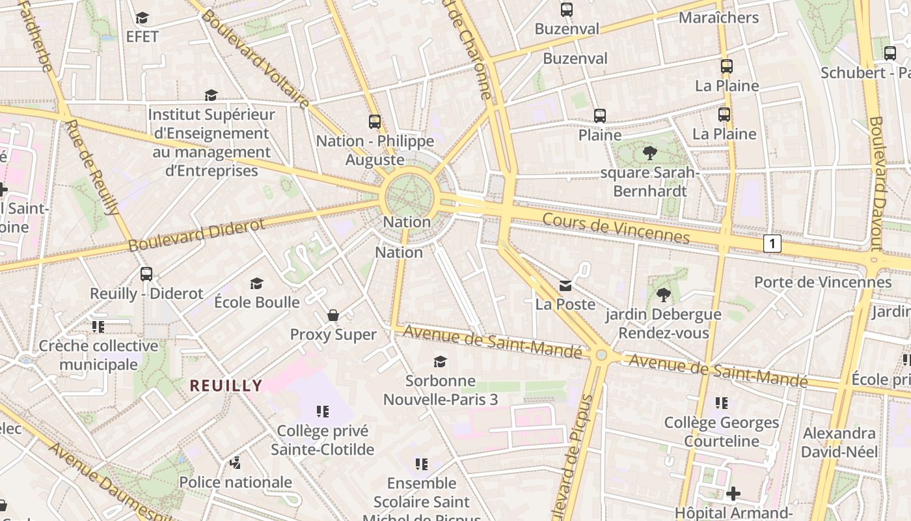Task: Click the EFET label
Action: click(x=143, y=36)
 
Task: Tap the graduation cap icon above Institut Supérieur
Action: click(x=210, y=96)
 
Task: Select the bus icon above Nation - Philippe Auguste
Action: click(x=374, y=121)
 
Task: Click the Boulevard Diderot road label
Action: click(x=197, y=235)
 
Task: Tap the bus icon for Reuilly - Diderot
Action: click(x=146, y=274)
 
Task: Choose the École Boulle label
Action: click(x=257, y=302)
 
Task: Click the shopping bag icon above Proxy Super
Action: click(x=333, y=316)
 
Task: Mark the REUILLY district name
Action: click(x=226, y=386)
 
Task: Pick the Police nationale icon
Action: click(x=236, y=463)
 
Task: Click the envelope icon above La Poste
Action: click(x=565, y=285)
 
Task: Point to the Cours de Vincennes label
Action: click(x=616, y=228)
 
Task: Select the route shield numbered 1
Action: click(x=772, y=244)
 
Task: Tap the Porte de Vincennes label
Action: click(x=823, y=282)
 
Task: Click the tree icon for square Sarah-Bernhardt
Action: click(x=649, y=153)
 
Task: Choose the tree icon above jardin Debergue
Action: click(x=663, y=295)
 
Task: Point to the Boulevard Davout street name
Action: click(x=877, y=184)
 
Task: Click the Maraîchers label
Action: click(x=718, y=18)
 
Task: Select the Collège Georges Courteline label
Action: click(x=721, y=432)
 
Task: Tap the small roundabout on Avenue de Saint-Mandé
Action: click(x=601, y=355)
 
